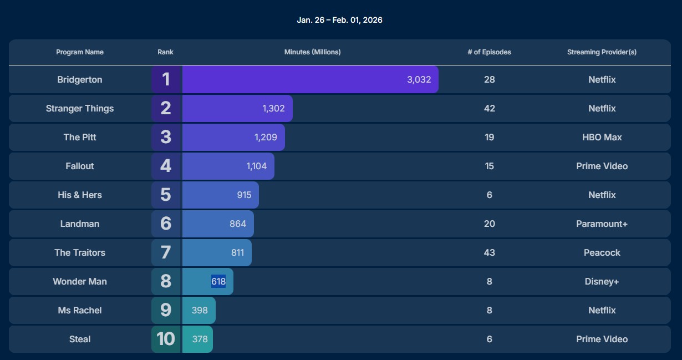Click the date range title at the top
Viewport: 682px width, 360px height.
pyautogui.click(x=339, y=20)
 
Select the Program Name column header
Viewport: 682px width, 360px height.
pyautogui.click(x=80, y=52)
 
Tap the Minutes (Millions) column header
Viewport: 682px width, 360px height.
pyautogui.click(x=312, y=52)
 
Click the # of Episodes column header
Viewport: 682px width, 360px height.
pyautogui.click(x=489, y=52)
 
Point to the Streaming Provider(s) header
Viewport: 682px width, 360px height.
pyautogui.click(x=602, y=52)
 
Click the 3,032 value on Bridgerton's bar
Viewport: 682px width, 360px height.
pyautogui.click(x=419, y=79)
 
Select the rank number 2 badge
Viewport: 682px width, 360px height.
pyautogui.click(x=166, y=108)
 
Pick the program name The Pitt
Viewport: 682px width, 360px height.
pyautogui.click(x=80, y=137)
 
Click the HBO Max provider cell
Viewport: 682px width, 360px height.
pyautogui.click(x=602, y=137)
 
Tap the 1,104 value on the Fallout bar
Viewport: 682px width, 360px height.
pyautogui.click(x=257, y=166)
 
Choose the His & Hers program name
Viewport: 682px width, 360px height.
pyautogui.click(x=80, y=195)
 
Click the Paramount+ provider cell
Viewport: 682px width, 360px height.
pyautogui.click(x=602, y=224)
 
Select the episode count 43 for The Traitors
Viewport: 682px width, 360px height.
pyautogui.click(x=489, y=252)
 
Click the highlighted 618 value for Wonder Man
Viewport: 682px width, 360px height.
pyautogui.click(x=218, y=281)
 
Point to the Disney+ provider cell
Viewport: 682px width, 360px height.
pyautogui.click(x=602, y=281)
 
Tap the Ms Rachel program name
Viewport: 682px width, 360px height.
pyautogui.click(x=80, y=310)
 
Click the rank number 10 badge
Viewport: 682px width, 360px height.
pyautogui.click(x=166, y=339)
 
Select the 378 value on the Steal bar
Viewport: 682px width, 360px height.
pyautogui.click(x=200, y=339)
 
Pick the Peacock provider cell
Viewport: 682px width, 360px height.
pyautogui.click(x=602, y=252)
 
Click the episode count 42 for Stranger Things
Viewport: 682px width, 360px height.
pyautogui.click(x=489, y=108)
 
